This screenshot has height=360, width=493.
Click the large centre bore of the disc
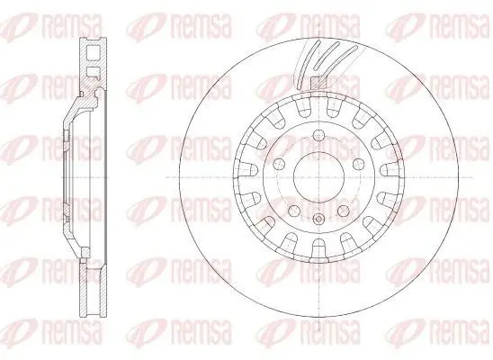click(318, 177)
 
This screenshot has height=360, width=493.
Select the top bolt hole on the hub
click(318, 136)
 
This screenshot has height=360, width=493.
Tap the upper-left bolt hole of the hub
click(279, 164)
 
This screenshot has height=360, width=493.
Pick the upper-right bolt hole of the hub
click(358, 164)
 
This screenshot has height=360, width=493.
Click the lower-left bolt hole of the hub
click(294, 211)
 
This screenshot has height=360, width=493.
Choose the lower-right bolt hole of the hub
click(344, 211)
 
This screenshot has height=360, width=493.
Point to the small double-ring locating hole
click(318, 219)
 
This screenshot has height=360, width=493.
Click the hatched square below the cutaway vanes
click(318, 84)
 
